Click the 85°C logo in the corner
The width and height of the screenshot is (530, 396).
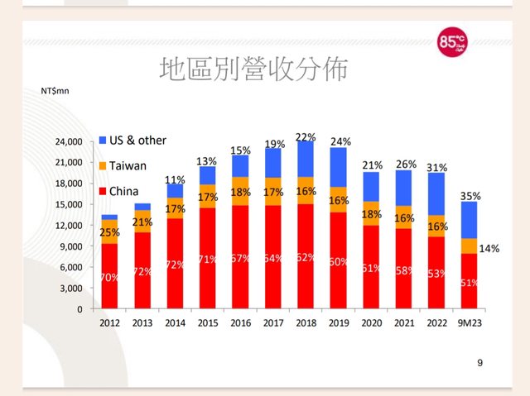point(452,44)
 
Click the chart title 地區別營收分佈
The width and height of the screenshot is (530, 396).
point(253,69)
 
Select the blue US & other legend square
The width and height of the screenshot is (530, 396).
point(104,141)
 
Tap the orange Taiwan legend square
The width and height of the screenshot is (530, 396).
point(104,165)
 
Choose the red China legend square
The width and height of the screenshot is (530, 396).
point(104,191)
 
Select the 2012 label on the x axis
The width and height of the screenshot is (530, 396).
point(109,324)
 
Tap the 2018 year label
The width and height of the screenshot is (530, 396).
point(305,324)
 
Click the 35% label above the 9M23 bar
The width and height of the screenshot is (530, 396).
point(470,196)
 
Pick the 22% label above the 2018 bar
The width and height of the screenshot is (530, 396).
point(306,137)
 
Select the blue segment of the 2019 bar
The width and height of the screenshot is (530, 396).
point(338,167)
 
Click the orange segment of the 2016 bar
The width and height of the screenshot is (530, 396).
point(240,191)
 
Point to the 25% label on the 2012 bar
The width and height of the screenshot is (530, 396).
point(108,232)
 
